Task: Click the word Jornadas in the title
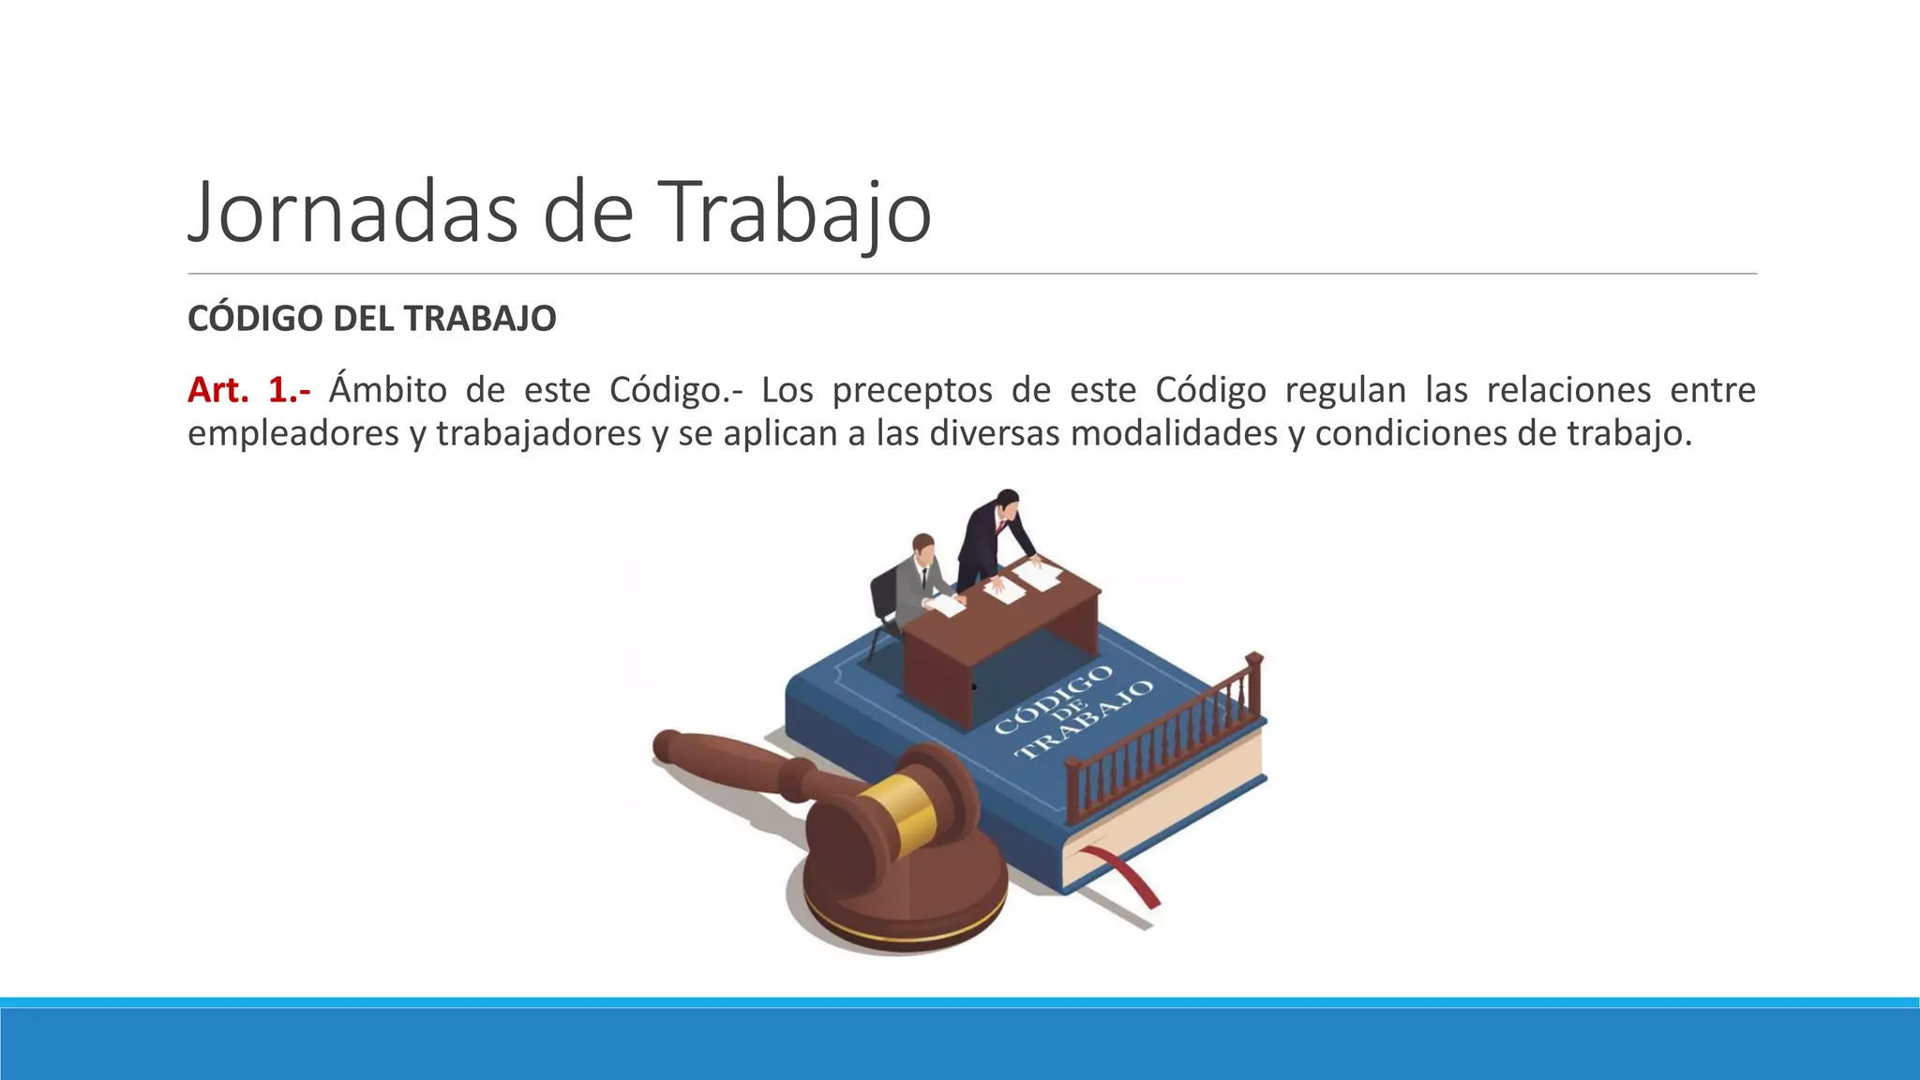pyautogui.click(x=352, y=212)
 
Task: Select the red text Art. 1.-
pyautogui.click(x=248, y=390)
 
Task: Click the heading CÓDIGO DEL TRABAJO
pyautogui.click(x=371, y=319)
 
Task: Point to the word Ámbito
pyautogui.click(x=388, y=390)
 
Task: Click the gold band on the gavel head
pyautogui.click(x=898, y=812)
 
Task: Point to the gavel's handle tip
pyautogui.click(x=667, y=746)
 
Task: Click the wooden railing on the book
pyautogui.click(x=1167, y=741)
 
